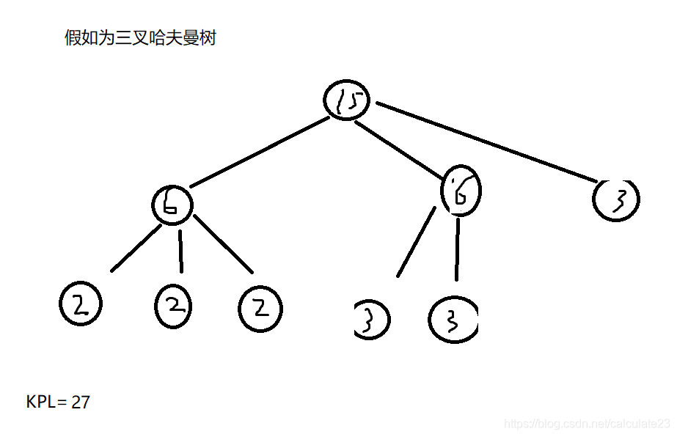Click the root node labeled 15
tap(346, 101)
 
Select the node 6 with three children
tap(172, 204)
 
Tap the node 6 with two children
tap(461, 192)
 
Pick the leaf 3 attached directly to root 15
tap(616, 198)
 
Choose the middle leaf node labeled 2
tap(174, 306)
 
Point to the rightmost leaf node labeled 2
tap(260, 308)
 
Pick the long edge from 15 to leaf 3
tap(488, 143)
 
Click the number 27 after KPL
tap(81, 402)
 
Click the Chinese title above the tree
tap(140, 38)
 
